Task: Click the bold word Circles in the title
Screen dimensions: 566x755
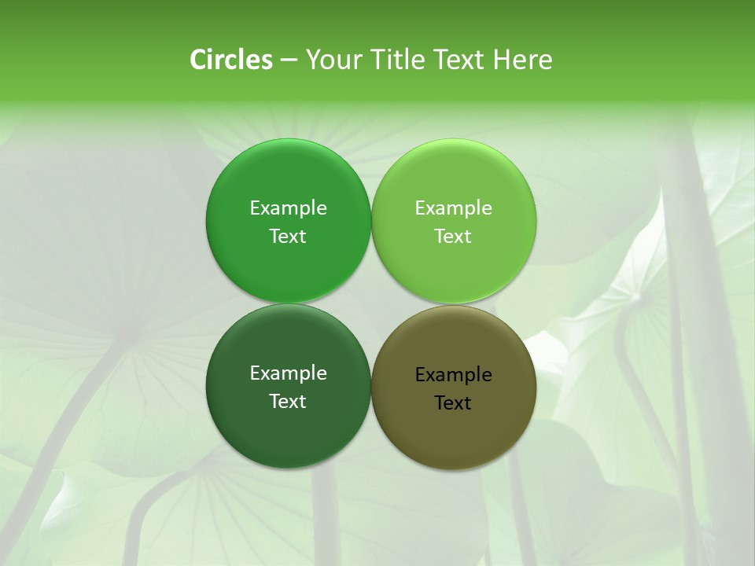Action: click(x=231, y=60)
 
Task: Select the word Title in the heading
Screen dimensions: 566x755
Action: click(x=400, y=60)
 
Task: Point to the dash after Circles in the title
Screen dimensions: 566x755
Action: click(x=289, y=61)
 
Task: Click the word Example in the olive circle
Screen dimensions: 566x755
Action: click(x=454, y=375)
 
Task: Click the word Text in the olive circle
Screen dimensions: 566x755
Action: click(x=453, y=403)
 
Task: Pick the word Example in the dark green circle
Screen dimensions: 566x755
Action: click(x=288, y=373)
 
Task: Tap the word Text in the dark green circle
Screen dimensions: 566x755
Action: click(x=288, y=402)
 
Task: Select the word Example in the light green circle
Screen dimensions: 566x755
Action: click(x=454, y=208)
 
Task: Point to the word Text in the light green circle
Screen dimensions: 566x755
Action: click(x=453, y=237)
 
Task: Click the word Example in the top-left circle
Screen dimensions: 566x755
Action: click(x=288, y=208)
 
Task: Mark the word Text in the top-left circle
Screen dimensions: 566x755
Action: click(x=288, y=237)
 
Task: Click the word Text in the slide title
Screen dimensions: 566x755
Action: click(x=459, y=60)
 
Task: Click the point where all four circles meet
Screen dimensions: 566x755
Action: click(x=371, y=303)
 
